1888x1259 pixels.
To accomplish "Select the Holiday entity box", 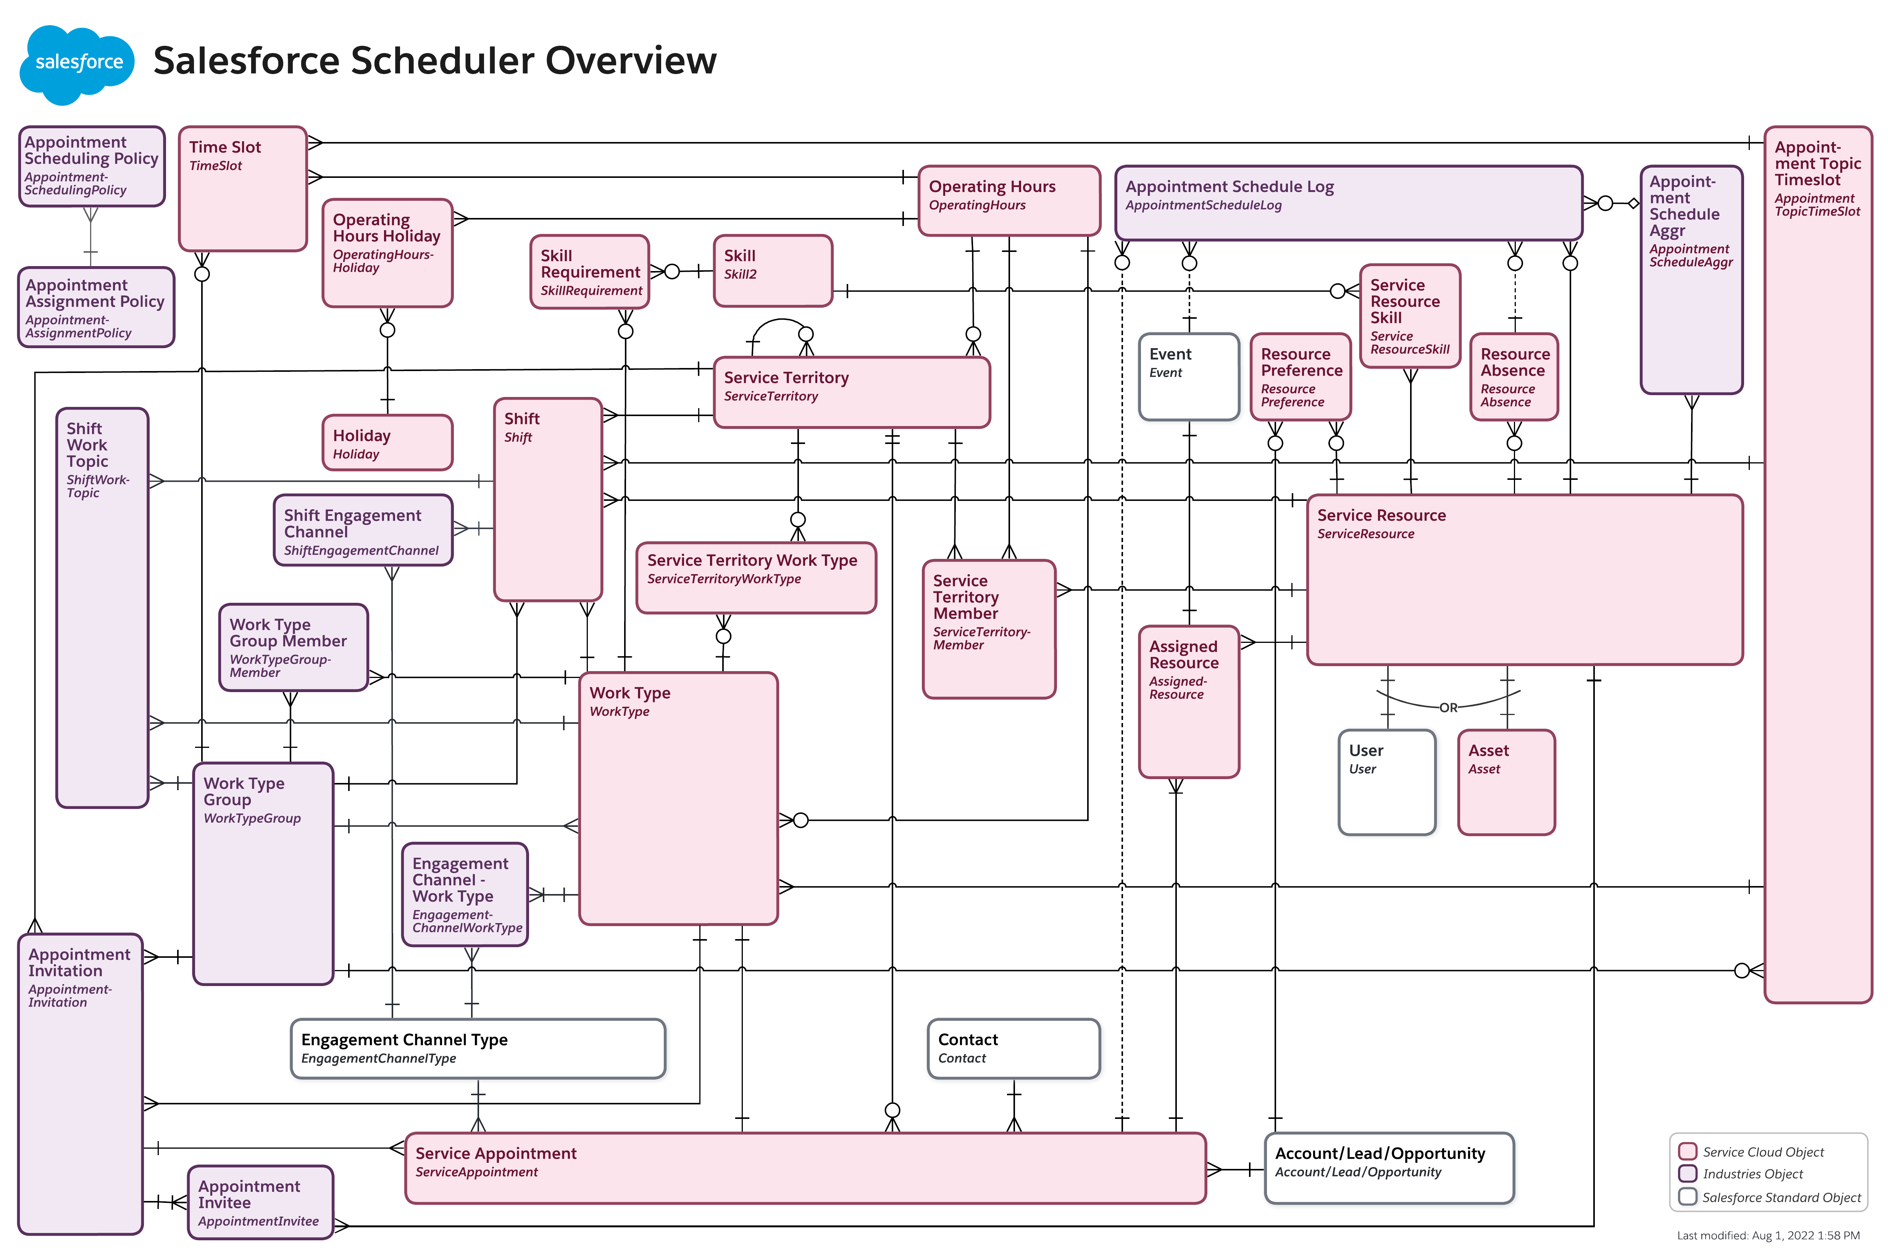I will point(387,442).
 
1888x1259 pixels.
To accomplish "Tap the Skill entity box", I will point(772,271).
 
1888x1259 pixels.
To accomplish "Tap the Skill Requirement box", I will point(589,271).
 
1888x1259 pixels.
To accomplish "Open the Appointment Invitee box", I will point(260,1202).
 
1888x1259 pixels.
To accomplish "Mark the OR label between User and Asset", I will point(1448,707).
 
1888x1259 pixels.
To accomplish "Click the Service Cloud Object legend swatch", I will point(1687,1151).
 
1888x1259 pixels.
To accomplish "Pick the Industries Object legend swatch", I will point(1687,1173).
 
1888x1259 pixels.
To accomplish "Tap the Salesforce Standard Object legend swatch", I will point(1687,1196).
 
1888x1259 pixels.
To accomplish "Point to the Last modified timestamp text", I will point(1768,1236).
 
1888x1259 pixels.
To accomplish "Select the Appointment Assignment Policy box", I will point(95,308).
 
